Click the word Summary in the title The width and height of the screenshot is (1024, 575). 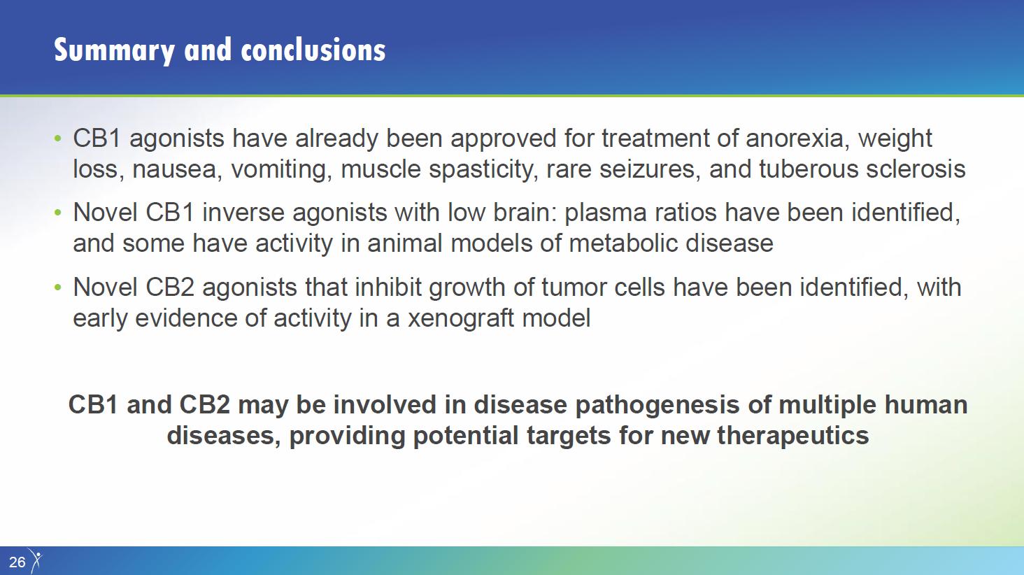click(114, 51)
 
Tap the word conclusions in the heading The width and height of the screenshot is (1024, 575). click(313, 50)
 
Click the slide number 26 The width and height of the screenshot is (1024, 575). click(17, 562)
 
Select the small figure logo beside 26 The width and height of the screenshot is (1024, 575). click(36, 560)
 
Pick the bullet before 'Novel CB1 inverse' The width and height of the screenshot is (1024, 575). click(57, 213)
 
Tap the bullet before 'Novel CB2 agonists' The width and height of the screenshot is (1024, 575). click(57, 287)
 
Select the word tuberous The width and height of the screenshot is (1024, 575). click(809, 169)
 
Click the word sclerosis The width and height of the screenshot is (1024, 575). click(916, 169)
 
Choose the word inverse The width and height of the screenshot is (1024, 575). click(243, 213)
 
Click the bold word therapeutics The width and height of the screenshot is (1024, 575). click(793, 436)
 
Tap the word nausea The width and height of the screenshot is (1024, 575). click(173, 169)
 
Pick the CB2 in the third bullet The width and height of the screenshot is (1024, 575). click(169, 287)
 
